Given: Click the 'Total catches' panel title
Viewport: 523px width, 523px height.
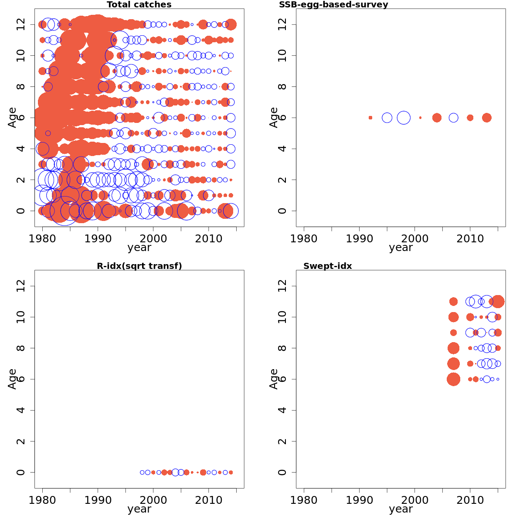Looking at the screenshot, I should pyautogui.click(x=139, y=5).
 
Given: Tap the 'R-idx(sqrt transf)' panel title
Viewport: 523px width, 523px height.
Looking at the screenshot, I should pyautogui.click(x=139, y=266).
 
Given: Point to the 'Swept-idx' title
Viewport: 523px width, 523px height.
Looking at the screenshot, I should pyautogui.click(x=327, y=266).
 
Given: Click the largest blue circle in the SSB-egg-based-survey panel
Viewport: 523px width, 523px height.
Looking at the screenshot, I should pyautogui.click(x=404, y=118).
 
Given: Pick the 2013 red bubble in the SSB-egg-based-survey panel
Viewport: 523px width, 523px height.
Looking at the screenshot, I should pyautogui.click(x=487, y=118).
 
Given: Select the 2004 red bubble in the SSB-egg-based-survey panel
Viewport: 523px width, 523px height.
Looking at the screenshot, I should pyautogui.click(x=437, y=118).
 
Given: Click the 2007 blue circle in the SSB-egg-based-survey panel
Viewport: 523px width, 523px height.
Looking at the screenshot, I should pyautogui.click(x=454, y=118).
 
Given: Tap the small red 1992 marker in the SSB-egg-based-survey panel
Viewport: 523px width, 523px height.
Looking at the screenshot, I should pyautogui.click(x=370, y=118).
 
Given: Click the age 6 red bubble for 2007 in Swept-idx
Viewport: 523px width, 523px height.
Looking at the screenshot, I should pyautogui.click(x=453, y=379).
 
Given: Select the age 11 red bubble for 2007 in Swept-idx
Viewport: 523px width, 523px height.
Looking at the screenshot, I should pyautogui.click(x=453, y=302).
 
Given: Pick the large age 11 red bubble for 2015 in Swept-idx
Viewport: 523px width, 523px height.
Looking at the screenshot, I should pyautogui.click(x=498, y=302).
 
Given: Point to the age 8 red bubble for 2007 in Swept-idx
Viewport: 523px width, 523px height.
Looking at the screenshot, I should pyautogui.click(x=453, y=348).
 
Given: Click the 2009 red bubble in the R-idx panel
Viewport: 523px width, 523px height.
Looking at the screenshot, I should pyautogui.click(x=203, y=472).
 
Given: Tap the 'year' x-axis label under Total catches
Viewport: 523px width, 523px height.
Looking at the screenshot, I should pyautogui.click(x=139, y=248).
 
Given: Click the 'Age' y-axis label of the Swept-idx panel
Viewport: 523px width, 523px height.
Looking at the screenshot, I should pyautogui.click(x=274, y=379).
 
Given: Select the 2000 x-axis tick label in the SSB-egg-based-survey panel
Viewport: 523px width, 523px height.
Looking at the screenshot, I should pyautogui.click(x=414, y=239).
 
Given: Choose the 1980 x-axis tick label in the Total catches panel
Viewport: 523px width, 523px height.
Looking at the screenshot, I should pyautogui.click(x=42, y=239).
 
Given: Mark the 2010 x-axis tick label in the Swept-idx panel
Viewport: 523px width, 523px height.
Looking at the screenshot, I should pyautogui.click(x=470, y=500).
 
